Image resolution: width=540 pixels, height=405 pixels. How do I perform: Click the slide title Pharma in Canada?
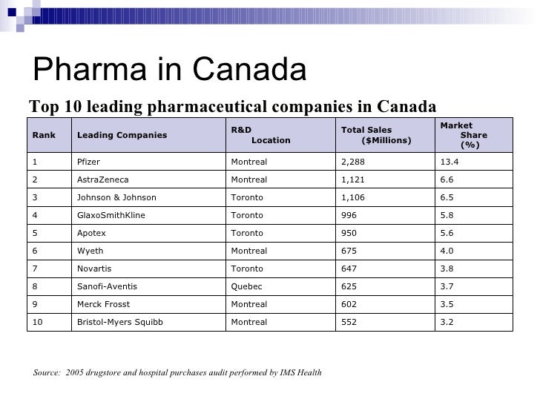click(x=170, y=70)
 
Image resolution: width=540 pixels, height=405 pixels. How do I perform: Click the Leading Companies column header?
click(x=122, y=135)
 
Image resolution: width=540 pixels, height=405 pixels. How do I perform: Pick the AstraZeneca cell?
click(x=103, y=180)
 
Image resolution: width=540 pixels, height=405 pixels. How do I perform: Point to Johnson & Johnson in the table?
click(x=116, y=197)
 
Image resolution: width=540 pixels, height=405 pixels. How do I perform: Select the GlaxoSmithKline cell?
click(x=111, y=215)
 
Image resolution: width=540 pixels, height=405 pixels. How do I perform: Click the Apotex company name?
click(x=92, y=233)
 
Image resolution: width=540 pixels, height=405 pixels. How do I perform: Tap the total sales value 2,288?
click(x=353, y=162)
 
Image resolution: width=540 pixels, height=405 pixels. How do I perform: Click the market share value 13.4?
click(x=450, y=162)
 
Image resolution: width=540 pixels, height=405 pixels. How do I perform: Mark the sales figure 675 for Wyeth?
click(x=349, y=251)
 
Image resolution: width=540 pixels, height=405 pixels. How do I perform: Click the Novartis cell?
click(x=95, y=269)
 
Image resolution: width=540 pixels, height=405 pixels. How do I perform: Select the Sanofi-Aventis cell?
click(x=107, y=286)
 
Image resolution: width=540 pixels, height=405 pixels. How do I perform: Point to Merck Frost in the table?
click(x=103, y=304)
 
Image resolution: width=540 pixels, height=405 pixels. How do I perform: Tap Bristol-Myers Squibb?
click(x=119, y=322)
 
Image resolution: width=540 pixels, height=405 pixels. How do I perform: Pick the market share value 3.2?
click(x=447, y=322)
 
